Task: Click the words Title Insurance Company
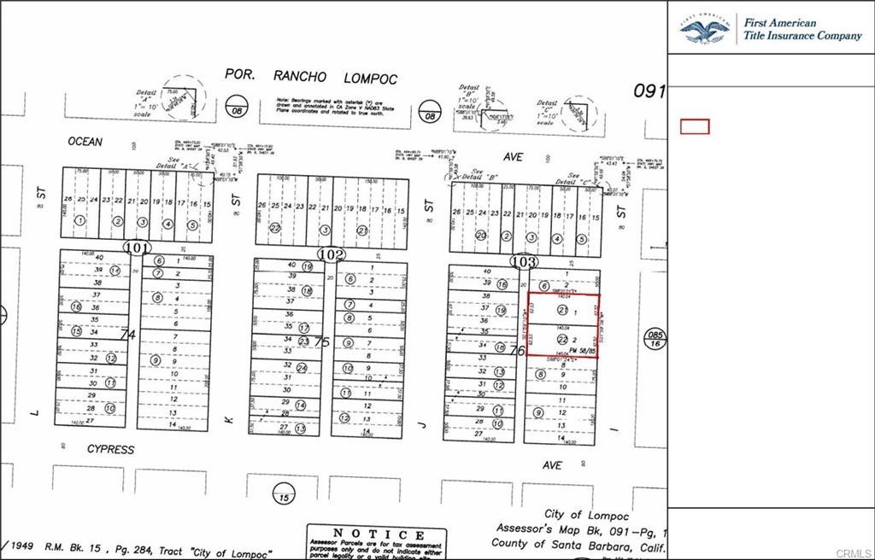(x=802, y=36)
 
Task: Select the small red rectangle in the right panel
(x=694, y=126)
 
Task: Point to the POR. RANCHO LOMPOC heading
(x=311, y=77)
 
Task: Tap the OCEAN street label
(x=85, y=142)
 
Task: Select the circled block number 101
(x=136, y=248)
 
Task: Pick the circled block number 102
(x=332, y=254)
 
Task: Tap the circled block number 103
(x=523, y=261)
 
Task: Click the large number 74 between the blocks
(x=128, y=335)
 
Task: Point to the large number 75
(x=322, y=341)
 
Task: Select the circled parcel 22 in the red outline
(x=561, y=340)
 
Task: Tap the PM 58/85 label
(x=580, y=351)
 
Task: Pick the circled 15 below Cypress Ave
(x=283, y=493)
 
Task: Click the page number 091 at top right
(x=649, y=90)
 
